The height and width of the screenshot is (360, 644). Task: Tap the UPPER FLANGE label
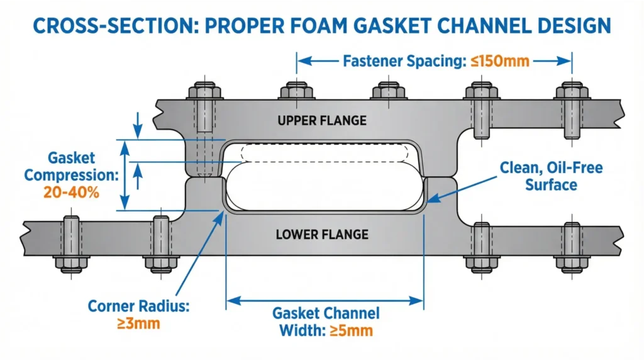(322, 120)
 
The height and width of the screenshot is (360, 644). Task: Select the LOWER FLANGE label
(321, 235)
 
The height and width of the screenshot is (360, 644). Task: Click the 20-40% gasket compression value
(71, 192)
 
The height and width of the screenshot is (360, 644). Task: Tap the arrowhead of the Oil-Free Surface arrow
(430, 201)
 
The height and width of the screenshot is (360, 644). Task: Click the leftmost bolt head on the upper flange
(204, 91)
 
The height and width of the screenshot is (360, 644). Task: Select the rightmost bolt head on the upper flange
(572, 91)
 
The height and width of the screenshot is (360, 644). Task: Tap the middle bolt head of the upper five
(387, 91)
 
